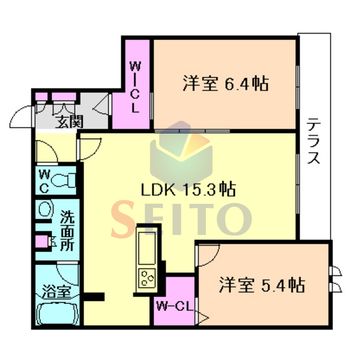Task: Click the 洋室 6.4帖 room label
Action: point(226,83)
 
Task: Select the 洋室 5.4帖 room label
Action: point(262,285)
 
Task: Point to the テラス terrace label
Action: point(314,141)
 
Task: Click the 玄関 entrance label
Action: point(69,122)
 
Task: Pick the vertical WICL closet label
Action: point(135,87)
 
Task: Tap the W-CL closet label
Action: point(175,307)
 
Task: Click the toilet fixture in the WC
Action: point(63,180)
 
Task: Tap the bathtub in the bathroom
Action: point(58,312)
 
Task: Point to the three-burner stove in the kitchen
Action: point(147,278)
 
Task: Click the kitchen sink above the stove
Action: point(147,248)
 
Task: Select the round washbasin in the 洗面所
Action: point(44,209)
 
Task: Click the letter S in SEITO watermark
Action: point(123,219)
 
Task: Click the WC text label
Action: point(44,181)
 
